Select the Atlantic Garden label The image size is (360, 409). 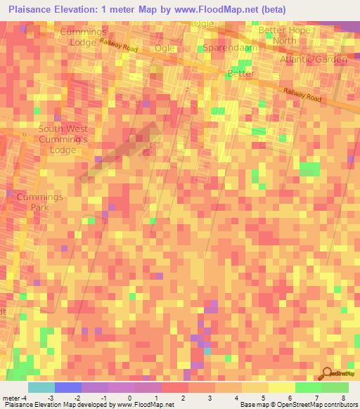coord(313,60)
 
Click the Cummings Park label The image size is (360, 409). coord(40,202)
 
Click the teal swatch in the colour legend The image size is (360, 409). coord(41,387)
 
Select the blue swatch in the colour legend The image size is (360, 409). coord(67,387)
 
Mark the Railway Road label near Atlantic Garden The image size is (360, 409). coord(302,96)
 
